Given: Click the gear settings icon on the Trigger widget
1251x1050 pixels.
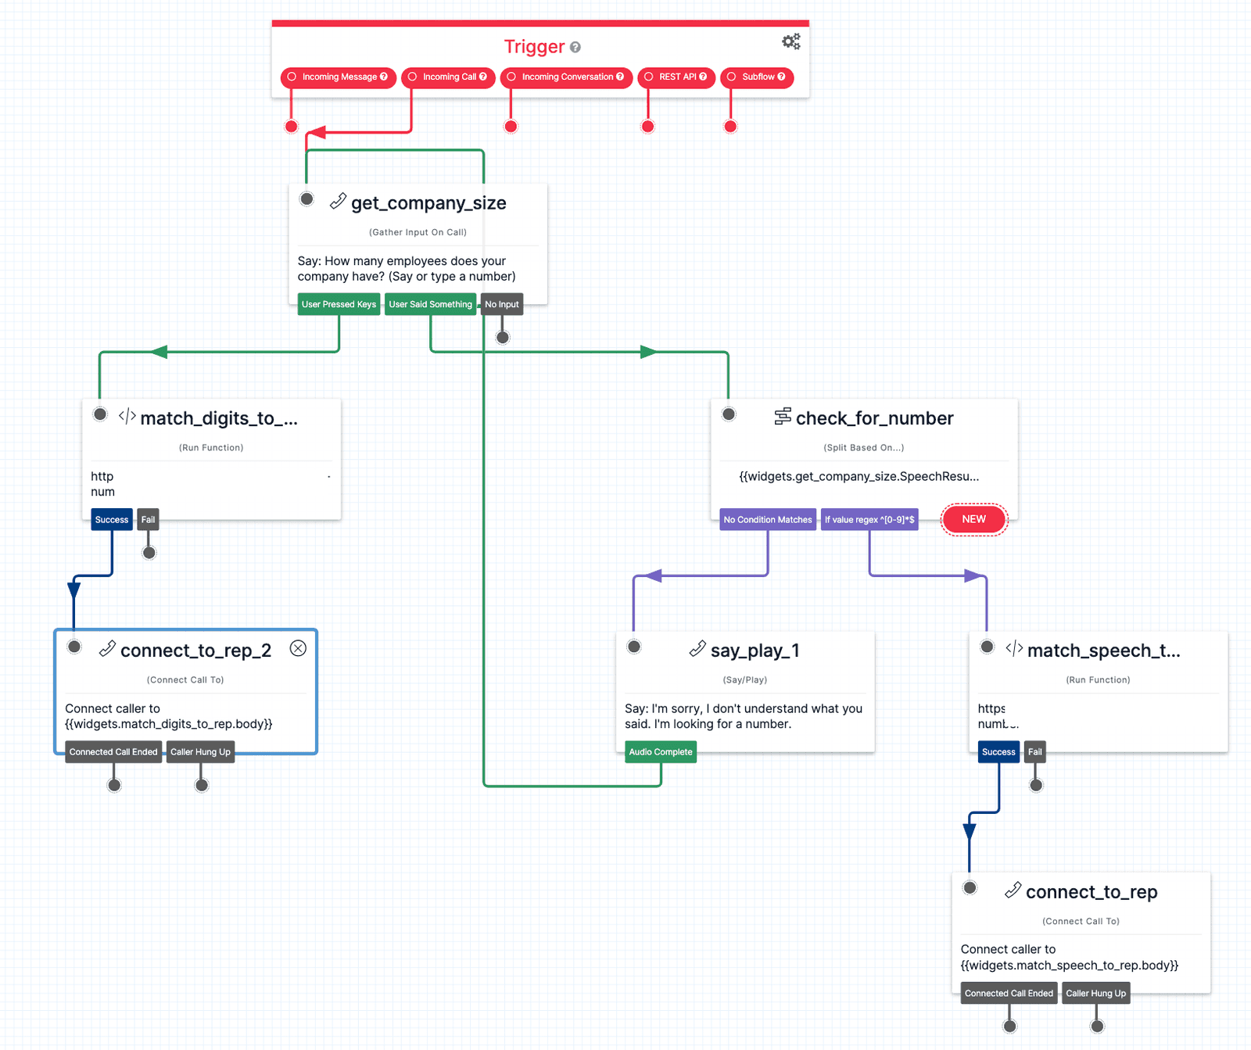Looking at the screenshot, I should pos(790,41).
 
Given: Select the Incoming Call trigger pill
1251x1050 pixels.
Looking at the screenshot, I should pos(449,77).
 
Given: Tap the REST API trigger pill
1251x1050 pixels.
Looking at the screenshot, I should pos(677,77).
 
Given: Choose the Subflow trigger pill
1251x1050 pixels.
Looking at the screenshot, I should pos(758,77).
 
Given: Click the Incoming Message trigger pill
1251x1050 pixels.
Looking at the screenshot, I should pos(339,77).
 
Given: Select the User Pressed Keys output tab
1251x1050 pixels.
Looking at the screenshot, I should pos(339,305).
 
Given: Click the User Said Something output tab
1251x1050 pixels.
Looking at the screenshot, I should pos(430,305).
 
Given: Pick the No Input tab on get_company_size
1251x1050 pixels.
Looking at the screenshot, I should pos(501,305).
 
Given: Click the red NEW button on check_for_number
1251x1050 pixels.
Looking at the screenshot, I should pos(973,520).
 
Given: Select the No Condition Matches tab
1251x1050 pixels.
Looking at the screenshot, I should pos(767,520).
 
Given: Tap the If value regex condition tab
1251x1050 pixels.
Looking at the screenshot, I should pos(869,520).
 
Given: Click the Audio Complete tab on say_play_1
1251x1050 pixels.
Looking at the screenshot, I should pos(661,752).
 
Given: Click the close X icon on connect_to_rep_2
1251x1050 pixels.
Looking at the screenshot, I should pos(298,648).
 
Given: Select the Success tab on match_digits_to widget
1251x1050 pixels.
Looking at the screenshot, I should pos(112,520).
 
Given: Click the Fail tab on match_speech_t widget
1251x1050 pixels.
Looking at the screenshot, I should pos(1034,752).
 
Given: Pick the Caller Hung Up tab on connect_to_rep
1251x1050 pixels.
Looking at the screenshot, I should pos(1095,994).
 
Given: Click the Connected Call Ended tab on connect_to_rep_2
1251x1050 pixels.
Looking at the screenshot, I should pos(113,752).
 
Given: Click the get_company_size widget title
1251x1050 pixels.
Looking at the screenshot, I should pos(428,203).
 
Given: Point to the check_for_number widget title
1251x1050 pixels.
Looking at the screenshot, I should pos(874,419).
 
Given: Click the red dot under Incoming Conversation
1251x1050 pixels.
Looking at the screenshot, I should pos(511,127).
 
